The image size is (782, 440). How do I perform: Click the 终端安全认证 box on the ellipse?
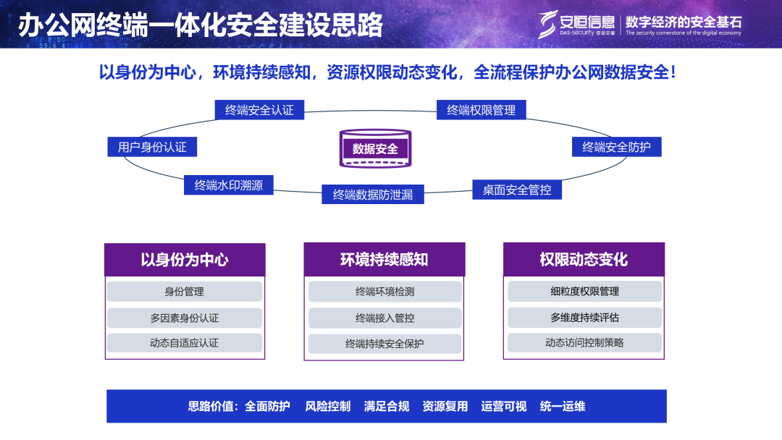[x=259, y=110]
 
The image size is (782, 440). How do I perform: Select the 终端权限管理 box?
[x=482, y=110]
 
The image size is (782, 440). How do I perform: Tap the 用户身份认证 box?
[x=152, y=147]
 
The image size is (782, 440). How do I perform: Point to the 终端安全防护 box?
[x=616, y=147]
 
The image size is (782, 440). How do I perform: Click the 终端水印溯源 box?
[x=229, y=185]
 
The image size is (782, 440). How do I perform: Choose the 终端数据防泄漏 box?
[x=372, y=194]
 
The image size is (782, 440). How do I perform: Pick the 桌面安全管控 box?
[x=517, y=190]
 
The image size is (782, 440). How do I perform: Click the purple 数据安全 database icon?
[x=375, y=148]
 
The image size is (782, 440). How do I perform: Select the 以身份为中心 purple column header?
[x=185, y=260]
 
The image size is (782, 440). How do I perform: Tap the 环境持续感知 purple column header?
[x=384, y=260]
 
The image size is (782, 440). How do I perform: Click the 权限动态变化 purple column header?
[x=584, y=260]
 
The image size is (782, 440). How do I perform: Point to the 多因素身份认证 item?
[x=185, y=318]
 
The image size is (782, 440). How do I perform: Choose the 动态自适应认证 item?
[x=185, y=343]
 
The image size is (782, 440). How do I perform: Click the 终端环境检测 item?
[x=384, y=292]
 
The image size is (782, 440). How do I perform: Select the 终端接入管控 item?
[x=384, y=318]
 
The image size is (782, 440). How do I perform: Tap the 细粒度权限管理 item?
[x=584, y=292]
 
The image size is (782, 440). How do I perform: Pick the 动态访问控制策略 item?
[x=584, y=343]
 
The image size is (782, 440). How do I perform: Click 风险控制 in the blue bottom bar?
[x=327, y=406]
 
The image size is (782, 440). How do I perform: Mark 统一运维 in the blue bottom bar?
[x=563, y=406]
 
